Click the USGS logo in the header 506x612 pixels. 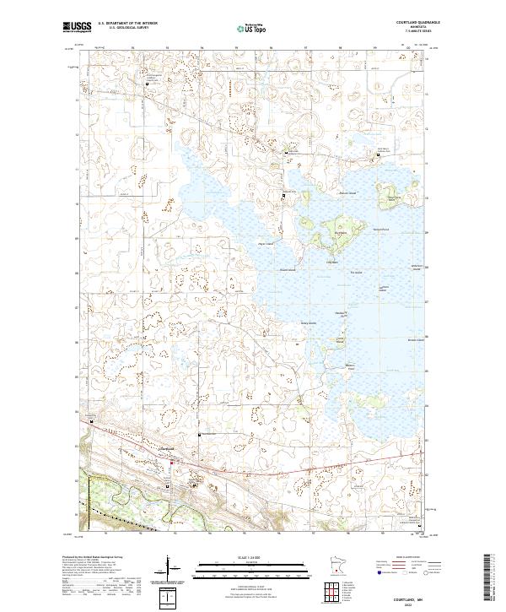click(x=77, y=28)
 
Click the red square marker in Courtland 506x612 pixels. click(x=173, y=463)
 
